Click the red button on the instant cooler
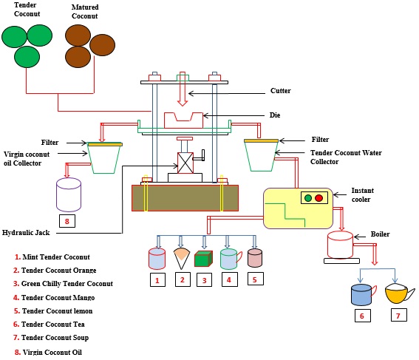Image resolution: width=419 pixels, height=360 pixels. click(319, 198)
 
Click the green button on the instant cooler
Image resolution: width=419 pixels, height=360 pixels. click(307, 198)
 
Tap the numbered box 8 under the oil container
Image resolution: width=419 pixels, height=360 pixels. click(67, 220)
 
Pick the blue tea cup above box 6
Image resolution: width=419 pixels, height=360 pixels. click(361, 294)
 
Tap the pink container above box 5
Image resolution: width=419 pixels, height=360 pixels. click(255, 257)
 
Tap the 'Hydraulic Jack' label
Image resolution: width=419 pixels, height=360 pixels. click(27, 232)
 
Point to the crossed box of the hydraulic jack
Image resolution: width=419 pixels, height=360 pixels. click(185, 163)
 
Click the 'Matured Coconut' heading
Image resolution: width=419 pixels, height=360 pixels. click(85, 12)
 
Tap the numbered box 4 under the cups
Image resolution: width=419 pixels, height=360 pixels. click(229, 280)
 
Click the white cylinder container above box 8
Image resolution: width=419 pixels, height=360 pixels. click(68, 196)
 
